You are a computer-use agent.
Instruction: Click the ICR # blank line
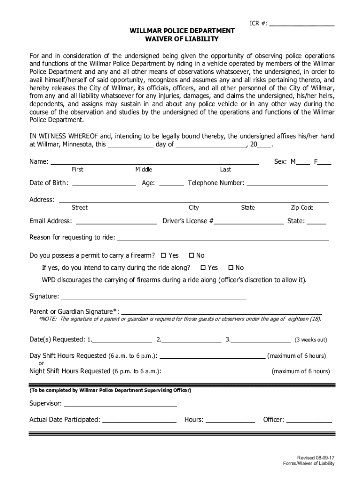click(302, 24)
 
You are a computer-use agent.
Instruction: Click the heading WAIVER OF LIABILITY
click(182, 39)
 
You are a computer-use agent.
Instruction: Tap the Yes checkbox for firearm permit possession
click(164, 256)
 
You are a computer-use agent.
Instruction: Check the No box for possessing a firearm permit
click(191, 256)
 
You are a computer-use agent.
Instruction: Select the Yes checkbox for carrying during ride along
click(203, 268)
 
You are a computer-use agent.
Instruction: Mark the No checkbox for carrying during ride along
click(230, 268)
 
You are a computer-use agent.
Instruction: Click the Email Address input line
click(116, 224)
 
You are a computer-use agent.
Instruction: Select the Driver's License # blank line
click(249, 224)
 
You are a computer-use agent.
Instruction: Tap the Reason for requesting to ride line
click(223, 239)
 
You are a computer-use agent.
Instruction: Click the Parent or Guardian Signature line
click(222, 314)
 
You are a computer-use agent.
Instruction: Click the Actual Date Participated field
click(139, 422)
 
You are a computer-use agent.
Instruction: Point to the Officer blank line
click(309, 422)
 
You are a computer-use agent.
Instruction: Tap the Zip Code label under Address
click(302, 208)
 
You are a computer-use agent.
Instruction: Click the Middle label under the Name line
click(144, 169)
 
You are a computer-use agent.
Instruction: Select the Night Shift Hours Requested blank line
click(217, 374)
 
